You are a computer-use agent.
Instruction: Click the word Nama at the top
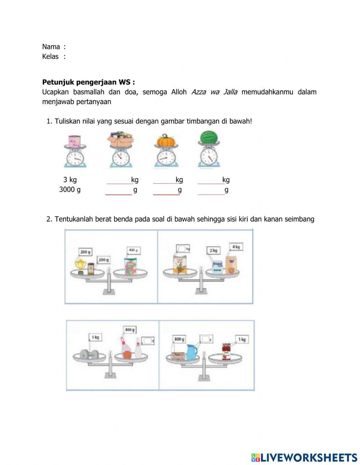(51, 46)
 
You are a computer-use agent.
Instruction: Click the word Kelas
(50, 57)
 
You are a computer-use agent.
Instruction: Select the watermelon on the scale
(209, 137)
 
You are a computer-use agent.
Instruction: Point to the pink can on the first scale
(75, 140)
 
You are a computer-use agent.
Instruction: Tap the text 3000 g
(70, 190)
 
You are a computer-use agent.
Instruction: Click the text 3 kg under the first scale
(70, 180)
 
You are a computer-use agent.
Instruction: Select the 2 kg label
(213, 250)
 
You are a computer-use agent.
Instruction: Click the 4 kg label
(236, 247)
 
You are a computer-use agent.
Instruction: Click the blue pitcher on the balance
(192, 352)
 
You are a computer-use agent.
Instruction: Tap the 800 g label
(179, 339)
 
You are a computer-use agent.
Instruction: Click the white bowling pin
(138, 349)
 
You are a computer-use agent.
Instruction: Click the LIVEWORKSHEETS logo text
(309, 457)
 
